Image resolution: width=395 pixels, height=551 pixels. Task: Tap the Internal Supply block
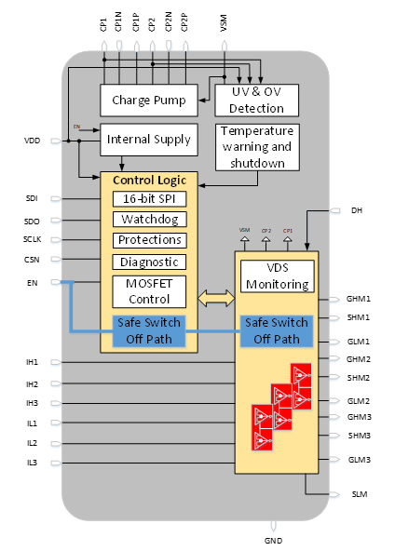pyautogui.click(x=149, y=140)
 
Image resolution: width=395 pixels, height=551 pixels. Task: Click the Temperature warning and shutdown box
pyautogui.click(x=257, y=146)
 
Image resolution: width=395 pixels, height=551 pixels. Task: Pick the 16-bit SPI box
pyautogui.click(x=149, y=199)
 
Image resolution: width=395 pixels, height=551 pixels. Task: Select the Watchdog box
pyautogui.click(x=149, y=220)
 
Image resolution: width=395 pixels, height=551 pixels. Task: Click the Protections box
pyautogui.click(x=149, y=240)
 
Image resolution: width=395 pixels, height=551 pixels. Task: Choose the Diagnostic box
pyautogui.click(x=149, y=262)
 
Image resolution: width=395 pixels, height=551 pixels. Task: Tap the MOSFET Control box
pyautogui.click(x=149, y=290)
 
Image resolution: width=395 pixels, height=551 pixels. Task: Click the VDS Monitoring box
pyautogui.click(x=276, y=275)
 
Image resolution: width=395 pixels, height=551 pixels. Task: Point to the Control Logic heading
pyautogui.click(x=149, y=180)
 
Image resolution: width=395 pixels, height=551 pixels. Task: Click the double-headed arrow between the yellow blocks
pyautogui.click(x=216, y=298)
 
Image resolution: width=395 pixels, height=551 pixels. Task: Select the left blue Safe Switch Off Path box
pyautogui.click(x=149, y=330)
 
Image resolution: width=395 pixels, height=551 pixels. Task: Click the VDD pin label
pyautogui.click(x=32, y=141)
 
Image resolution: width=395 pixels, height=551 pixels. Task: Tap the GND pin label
pyautogui.click(x=273, y=540)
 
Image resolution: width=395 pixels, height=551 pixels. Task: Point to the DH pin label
pyautogui.click(x=356, y=210)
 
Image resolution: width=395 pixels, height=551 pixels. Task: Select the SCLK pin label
pyautogui.click(x=32, y=240)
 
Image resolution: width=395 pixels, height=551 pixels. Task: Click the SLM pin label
pyautogui.click(x=359, y=494)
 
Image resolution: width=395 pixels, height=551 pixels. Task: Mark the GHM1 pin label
pyautogui.click(x=359, y=300)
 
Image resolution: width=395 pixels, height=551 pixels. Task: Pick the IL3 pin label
pyautogui.click(x=32, y=463)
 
